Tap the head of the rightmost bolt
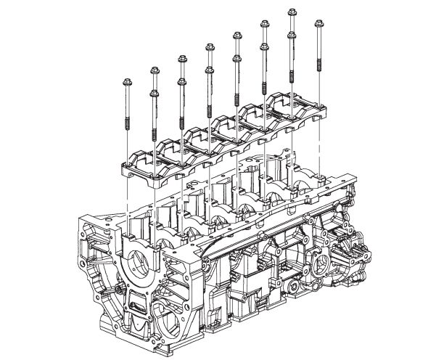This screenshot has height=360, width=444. pos(318,23)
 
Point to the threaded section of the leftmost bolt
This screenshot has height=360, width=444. pos(128,120)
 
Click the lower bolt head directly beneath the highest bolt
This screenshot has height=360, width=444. pos(292,34)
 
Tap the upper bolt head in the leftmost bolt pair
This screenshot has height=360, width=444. pos(155,70)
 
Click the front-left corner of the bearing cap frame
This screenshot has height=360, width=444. pos(125,168)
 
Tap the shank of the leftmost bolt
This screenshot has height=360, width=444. pos(127,98)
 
